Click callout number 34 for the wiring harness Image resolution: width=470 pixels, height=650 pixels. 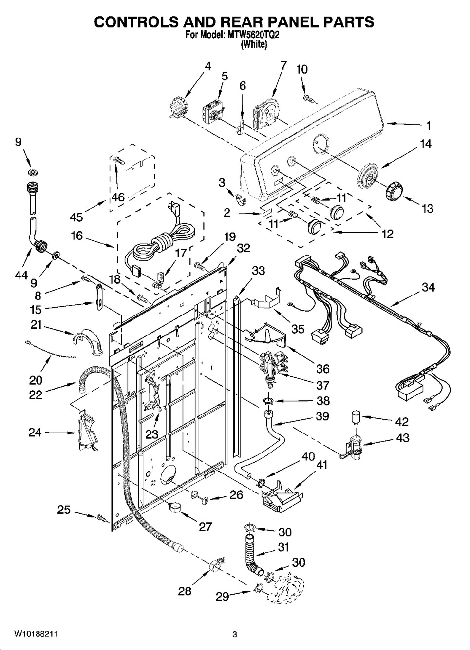pos(428,287)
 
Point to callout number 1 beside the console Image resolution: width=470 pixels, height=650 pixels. pos(429,125)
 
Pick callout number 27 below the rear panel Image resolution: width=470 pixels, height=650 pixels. pos(205,526)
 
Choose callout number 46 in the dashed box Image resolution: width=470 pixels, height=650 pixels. pos(118,197)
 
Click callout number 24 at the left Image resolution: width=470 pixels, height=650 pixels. pos(35,432)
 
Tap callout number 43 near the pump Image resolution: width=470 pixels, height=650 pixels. pos(402,437)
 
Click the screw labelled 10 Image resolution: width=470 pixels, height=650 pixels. pos(307,99)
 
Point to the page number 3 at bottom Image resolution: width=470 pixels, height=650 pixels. pos(234,634)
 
